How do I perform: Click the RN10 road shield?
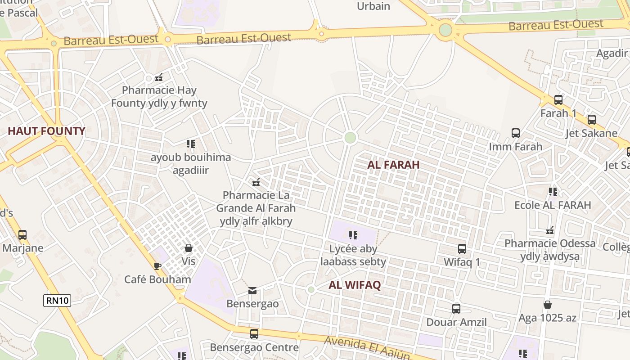pos(57,301)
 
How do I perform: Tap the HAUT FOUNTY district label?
pos(46,131)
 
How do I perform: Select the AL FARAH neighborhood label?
pos(393,165)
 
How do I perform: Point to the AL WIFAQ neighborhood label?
pos(355,285)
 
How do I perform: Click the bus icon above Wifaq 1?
pos(462,248)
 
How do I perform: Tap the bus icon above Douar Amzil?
pos(456,309)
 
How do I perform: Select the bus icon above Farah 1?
pos(558,100)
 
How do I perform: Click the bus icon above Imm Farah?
pos(516,133)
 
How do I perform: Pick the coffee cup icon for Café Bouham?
pos(157,266)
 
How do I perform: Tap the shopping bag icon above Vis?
pos(189,248)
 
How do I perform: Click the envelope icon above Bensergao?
pos(252,291)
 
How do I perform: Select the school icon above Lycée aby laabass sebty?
pos(353,235)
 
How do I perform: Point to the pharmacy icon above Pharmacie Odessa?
pos(550,230)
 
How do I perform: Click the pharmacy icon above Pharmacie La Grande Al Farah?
pos(256,182)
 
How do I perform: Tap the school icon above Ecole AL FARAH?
pos(553,192)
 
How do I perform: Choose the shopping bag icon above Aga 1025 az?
pos(548,305)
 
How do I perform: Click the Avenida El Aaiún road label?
pos(367,347)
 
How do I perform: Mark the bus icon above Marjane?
pos(22,234)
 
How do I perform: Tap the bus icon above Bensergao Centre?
pos(254,334)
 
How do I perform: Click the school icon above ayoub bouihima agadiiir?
pos(191,144)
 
